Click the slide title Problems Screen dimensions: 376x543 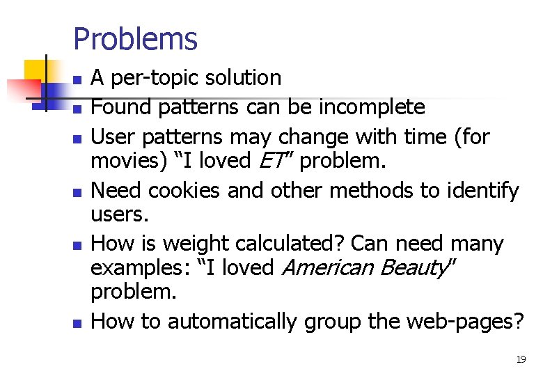[x=135, y=39]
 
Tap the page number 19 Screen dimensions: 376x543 [x=520, y=359]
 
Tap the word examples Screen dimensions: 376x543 [x=136, y=268]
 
